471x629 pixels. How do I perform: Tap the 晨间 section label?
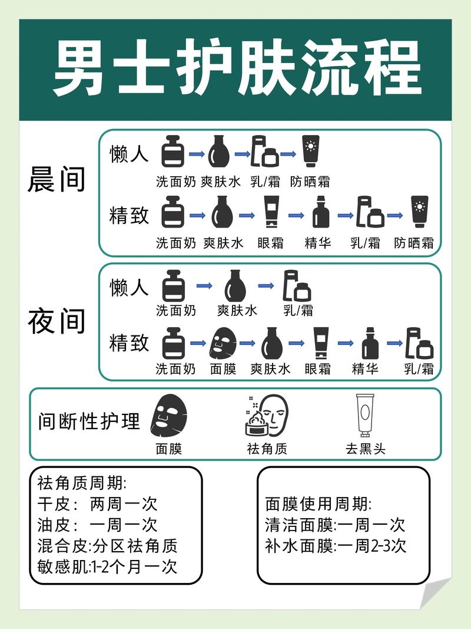click(x=57, y=180)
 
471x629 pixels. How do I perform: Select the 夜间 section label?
click(x=57, y=321)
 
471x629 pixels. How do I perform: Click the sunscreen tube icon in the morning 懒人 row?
click(x=310, y=152)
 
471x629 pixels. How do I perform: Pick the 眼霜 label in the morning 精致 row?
click(x=271, y=243)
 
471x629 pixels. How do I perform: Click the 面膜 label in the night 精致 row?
click(x=223, y=370)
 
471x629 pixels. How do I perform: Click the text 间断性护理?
click(x=89, y=422)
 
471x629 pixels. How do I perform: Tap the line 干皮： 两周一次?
click(x=97, y=504)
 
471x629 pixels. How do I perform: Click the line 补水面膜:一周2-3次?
click(x=336, y=545)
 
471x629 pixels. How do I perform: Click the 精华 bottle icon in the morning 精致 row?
click(x=321, y=213)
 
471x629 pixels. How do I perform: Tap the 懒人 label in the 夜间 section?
click(x=129, y=287)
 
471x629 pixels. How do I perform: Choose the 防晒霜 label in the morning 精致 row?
click(x=414, y=243)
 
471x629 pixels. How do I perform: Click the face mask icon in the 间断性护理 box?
click(x=169, y=415)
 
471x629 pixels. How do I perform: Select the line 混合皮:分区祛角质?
click(x=107, y=546)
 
